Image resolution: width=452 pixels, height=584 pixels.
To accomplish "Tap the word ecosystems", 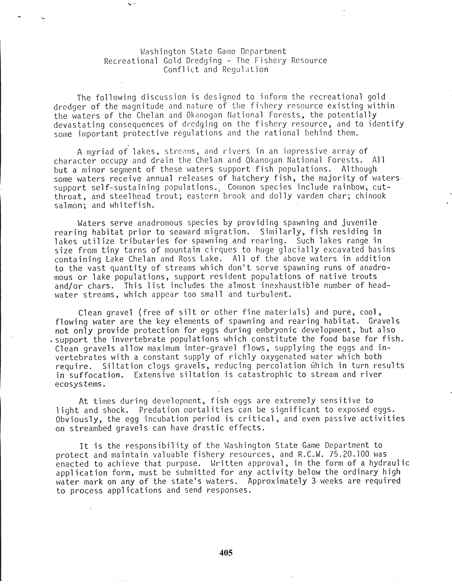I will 79,384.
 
